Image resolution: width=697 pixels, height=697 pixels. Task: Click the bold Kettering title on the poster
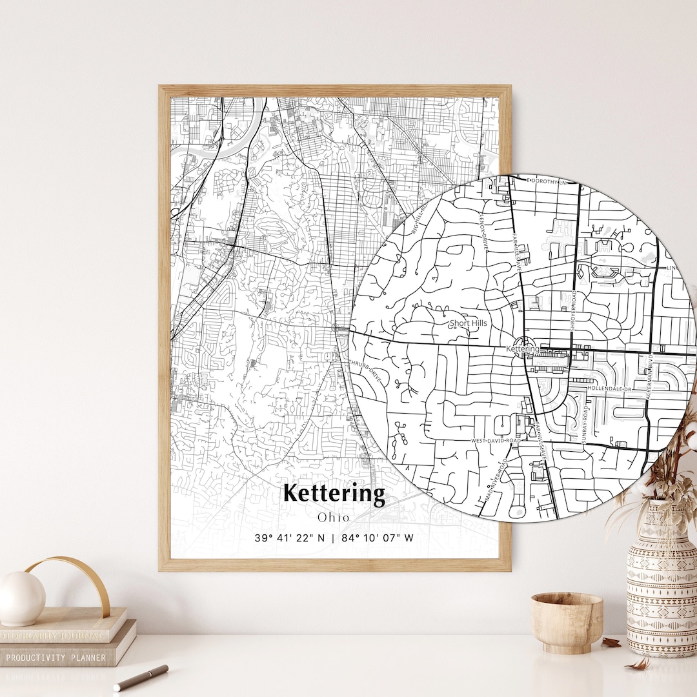[334, 494]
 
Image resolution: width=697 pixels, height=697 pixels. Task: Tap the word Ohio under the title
[334, 517]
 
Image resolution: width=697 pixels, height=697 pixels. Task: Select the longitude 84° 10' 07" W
[378, 538]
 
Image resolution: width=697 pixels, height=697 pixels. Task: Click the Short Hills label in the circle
[469, 323]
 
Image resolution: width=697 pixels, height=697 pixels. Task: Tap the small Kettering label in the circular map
[521, 349]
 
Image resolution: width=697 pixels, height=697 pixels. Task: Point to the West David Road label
[495, 440]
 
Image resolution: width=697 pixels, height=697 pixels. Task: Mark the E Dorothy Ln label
[549, 182]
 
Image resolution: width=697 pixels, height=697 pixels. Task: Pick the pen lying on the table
[141, 678]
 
